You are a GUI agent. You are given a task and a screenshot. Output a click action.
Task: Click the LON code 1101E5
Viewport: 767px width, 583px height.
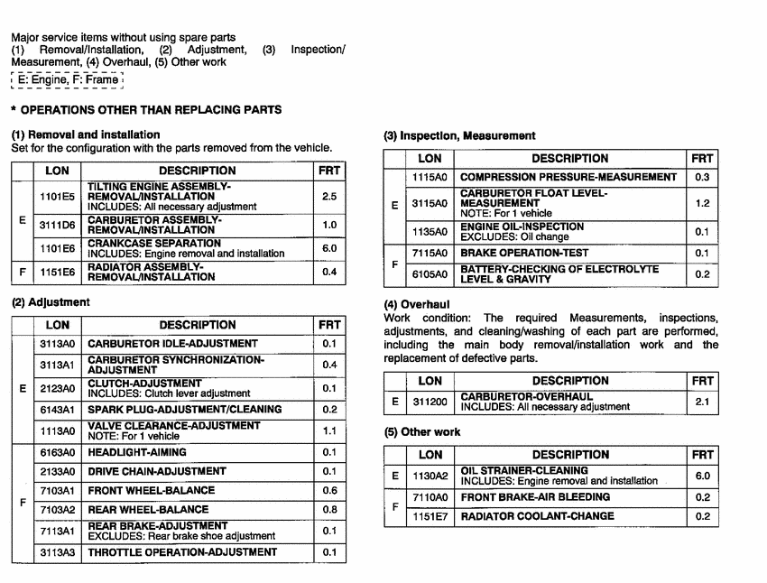pos(57,196)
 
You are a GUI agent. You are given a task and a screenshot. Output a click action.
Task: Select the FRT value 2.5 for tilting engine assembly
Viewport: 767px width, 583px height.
pos(329,196)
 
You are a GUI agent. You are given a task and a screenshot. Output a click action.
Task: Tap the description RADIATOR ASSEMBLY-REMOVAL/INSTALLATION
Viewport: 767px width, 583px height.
pos(151,272)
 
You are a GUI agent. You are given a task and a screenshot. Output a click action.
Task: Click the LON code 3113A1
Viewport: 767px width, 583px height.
pos(57,365)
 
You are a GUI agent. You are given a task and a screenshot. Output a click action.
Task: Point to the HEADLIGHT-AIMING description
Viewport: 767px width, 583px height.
pos(137,452)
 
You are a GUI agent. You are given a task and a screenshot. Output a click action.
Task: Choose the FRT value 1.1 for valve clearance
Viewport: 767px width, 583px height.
pos(329,431)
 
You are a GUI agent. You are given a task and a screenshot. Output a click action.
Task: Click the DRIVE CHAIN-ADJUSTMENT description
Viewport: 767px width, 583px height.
pos(144,471)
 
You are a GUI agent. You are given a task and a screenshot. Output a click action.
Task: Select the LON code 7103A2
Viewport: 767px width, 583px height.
pos(57,510)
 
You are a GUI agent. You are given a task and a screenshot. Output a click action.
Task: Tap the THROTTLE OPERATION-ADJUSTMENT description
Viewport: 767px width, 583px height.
pos(182,552)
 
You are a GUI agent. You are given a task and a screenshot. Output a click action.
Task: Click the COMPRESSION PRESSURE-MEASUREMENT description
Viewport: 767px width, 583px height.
pos(568,178)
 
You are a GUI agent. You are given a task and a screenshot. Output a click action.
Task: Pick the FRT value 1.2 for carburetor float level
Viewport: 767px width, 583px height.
pos(703,204)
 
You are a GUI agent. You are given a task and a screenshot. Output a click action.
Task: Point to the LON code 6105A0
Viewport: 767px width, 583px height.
pos(430,274)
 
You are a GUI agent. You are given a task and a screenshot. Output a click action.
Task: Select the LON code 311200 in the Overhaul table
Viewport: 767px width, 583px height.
pos(430,402)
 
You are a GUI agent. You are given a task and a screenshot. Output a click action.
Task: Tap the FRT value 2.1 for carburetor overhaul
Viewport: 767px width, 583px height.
pos(703,402)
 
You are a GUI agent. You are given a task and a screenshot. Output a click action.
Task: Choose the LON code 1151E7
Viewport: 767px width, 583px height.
pos(430,516)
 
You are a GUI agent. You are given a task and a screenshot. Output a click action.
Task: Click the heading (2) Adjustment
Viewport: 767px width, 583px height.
pos(51,302)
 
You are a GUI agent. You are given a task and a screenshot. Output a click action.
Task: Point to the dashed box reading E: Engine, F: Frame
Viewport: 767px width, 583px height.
pos(66,79)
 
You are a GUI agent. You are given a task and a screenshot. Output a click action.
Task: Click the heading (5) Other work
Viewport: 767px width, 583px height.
pos(422,432)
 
